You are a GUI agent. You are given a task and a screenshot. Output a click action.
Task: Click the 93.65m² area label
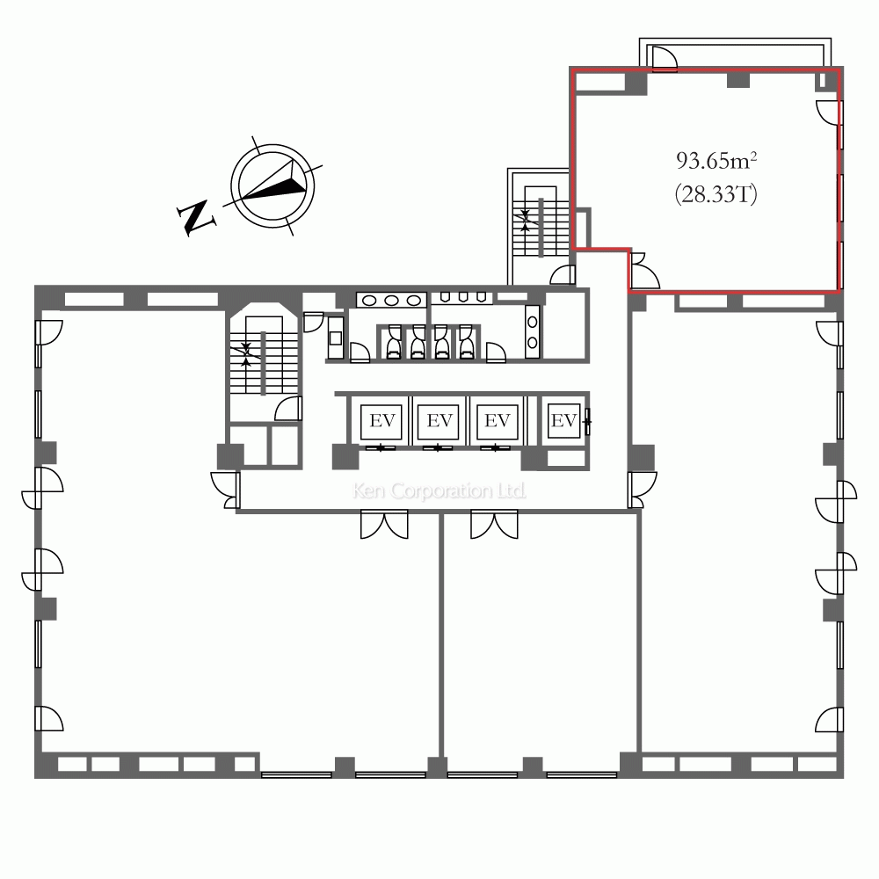point(716,161)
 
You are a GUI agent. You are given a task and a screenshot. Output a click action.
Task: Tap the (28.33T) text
point(716,194)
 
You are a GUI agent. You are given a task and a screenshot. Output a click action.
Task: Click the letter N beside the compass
point(196,217)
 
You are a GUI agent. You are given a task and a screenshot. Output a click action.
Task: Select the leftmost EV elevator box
point(381,421)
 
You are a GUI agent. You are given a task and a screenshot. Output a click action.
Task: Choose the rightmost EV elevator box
point(563,420)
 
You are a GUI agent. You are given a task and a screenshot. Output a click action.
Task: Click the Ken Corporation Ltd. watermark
point(439,491)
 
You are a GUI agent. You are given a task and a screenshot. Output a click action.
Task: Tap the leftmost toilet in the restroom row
point(394,343)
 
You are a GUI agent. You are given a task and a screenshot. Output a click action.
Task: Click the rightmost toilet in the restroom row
point(467,343)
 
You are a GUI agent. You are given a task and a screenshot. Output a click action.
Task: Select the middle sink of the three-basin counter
point(391,301)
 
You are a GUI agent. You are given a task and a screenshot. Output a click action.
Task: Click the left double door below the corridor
point(385,525)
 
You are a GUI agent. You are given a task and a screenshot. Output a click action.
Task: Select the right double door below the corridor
point(494,525)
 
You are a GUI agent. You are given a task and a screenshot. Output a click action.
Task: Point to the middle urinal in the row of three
point(463,296)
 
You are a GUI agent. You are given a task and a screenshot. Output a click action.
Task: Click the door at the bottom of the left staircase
point(288,409)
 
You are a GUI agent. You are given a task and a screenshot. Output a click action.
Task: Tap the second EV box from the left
point(439,421)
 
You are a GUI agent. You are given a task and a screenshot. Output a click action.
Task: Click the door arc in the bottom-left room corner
point(49,718)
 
